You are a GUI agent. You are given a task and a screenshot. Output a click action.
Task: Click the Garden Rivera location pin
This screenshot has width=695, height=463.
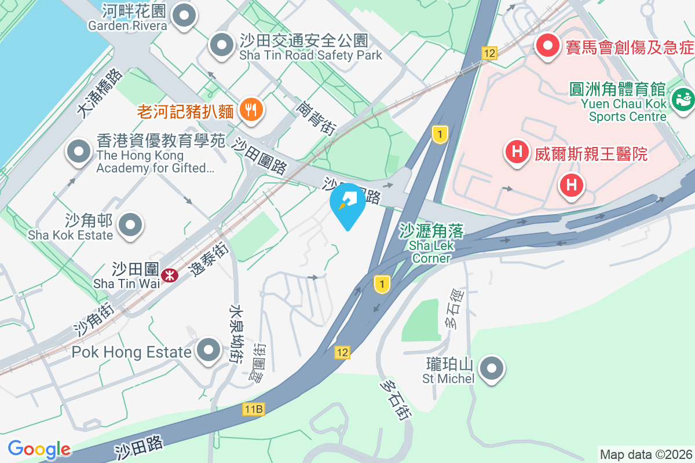185,17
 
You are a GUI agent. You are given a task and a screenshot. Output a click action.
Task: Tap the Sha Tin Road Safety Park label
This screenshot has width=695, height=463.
311,48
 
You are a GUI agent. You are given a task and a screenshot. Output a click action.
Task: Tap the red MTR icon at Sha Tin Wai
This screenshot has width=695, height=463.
170,276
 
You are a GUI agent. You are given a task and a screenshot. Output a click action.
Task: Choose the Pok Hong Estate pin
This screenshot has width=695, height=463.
208,350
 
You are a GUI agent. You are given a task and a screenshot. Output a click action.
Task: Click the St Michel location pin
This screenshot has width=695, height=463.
492,367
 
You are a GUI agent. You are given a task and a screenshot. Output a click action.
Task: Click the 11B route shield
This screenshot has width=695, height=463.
253,410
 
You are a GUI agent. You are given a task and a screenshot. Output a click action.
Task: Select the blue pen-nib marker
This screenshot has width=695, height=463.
348,202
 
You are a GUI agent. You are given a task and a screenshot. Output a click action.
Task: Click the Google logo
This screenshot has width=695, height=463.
39,449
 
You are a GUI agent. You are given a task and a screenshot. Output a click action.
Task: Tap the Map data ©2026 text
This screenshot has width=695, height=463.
646,454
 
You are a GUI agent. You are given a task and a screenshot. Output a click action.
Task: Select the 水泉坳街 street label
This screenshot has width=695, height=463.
235,334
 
